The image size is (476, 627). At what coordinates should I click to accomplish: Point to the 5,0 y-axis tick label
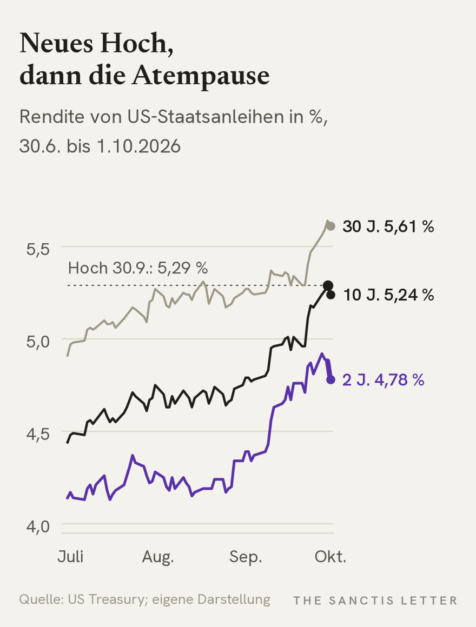pos(38,342)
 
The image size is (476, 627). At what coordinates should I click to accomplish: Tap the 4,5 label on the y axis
pos(38,434)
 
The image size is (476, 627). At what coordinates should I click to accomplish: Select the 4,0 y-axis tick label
pos(38,526)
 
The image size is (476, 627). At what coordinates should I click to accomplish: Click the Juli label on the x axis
pos(70,556)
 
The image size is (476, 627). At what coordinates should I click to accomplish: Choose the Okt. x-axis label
pos(330,556)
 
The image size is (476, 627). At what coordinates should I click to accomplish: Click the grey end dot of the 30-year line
pos(331,226)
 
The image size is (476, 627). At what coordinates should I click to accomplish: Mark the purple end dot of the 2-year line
pos(331,379)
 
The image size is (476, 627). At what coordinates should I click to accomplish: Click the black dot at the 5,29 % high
pos(328,285)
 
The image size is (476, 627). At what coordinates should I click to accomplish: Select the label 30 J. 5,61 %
pos(388,226)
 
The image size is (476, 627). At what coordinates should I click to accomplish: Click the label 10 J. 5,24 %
pos(388,295)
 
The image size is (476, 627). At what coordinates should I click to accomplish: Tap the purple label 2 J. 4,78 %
pos(383,380)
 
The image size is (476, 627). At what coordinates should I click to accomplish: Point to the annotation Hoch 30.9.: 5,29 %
pos(138,268)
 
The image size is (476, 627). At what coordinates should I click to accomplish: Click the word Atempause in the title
pos(201,76)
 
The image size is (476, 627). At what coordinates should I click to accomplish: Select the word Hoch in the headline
pos(135,44)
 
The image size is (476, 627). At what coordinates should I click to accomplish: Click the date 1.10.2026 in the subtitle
pos(138,146)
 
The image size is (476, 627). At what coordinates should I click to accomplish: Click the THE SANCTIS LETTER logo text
pos(375,601)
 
